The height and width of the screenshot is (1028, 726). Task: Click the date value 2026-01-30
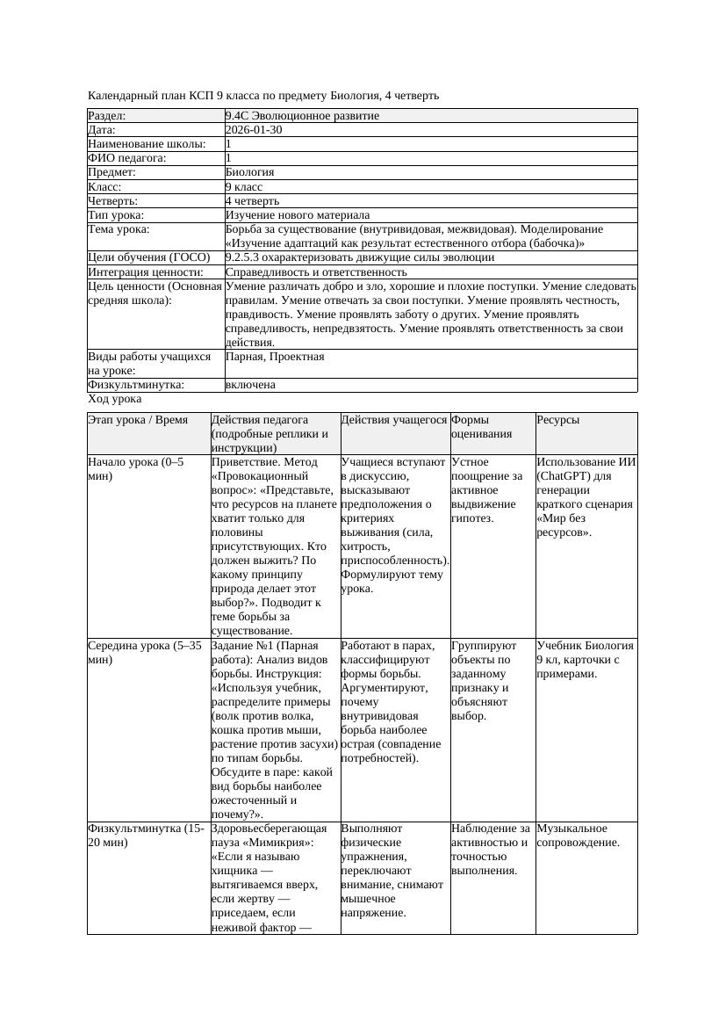[x=254, y=130]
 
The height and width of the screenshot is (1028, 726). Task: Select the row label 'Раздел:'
[x=107, y=116]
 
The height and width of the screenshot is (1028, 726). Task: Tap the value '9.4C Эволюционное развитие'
[x=302, y=116]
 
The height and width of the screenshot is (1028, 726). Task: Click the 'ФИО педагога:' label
[x=127, y=158]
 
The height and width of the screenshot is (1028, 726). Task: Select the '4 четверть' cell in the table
[x=252, y=201]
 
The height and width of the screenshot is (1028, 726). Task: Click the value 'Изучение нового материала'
[x=297, y=215]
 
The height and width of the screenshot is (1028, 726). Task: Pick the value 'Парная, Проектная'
[x=275, y=357]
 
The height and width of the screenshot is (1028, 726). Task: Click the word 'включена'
[x=250, y=385]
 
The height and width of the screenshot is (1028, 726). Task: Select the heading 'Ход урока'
[x=115, y=399]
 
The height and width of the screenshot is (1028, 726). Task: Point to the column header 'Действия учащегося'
[x=394, y=420]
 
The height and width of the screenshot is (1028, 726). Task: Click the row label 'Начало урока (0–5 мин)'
[x=136, y=469]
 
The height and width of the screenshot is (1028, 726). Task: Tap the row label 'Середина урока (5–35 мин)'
[x=146, y=652]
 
